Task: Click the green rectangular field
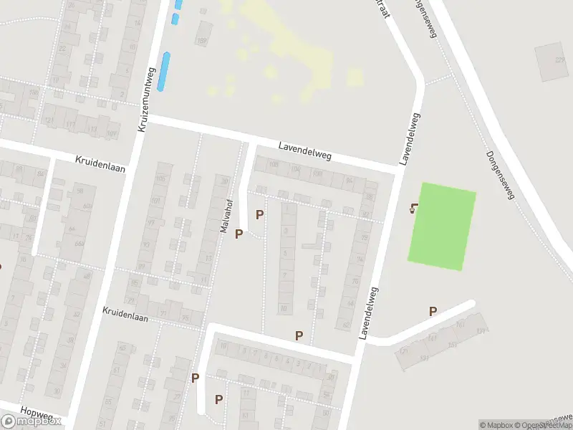(x=442, y=226)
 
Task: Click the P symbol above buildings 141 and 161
(x=433, y=311)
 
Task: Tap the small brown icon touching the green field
(x=414, y=209)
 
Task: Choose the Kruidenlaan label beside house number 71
(x=129, y=312)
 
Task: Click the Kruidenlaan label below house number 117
(x=100, y=163)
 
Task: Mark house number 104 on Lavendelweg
(x=295, y=170)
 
